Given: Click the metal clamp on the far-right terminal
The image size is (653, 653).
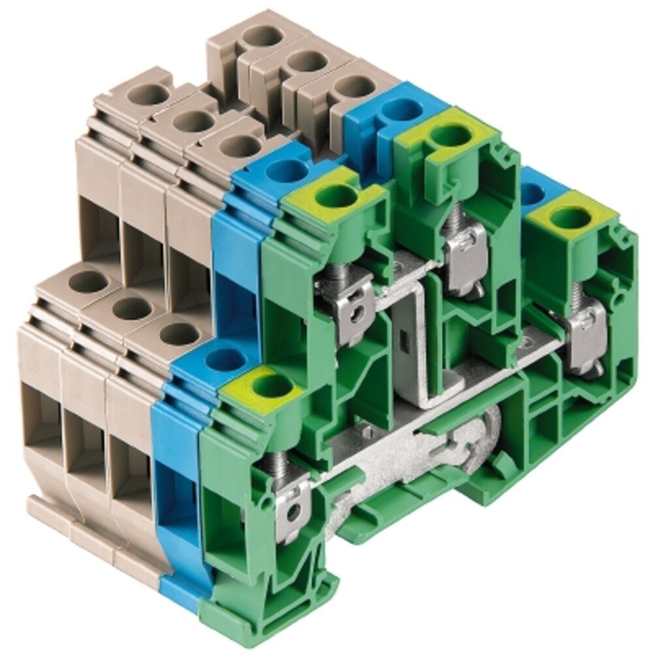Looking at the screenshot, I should [586, 340].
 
